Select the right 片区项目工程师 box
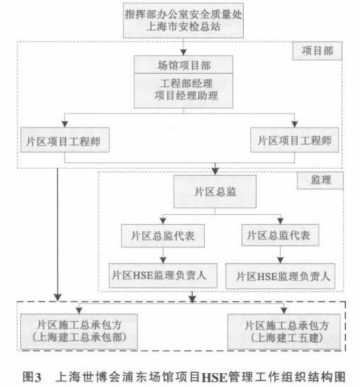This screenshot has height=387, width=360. (294, 140)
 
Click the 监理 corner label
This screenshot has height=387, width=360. (320, 180)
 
